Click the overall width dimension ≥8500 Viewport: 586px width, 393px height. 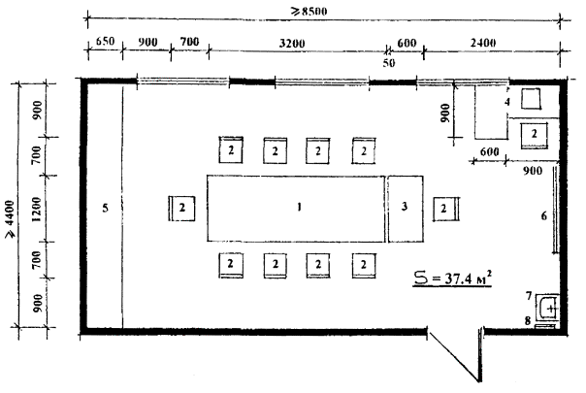coord(309,12)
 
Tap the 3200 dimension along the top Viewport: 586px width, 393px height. coord(292,44)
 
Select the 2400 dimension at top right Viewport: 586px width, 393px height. coord(483,43)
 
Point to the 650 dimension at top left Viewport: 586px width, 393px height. coord(105,41)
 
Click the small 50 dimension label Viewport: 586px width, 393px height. coord(389,63)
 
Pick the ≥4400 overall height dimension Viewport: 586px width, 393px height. coord(10,219)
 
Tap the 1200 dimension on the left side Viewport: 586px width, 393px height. coord(36,210)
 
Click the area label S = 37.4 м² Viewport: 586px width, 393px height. coord(452,278)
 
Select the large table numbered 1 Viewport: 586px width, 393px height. coord(296,209)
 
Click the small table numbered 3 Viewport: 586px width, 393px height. coord(406,209)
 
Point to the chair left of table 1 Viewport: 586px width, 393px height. coord(181,208)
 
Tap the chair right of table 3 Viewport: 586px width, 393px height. coord(446,209)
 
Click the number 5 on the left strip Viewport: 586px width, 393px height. coord(106,208)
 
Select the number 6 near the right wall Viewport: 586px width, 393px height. coord(544,215)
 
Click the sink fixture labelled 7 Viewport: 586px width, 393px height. coord(547,309)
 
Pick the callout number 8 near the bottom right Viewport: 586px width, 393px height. coord(528,320)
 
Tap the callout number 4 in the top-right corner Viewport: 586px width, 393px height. coord(507,102)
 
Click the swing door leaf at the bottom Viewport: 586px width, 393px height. coord(453,356)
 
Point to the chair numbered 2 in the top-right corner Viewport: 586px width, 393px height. coord(534,135)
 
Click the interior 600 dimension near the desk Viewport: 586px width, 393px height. coord(489,151)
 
